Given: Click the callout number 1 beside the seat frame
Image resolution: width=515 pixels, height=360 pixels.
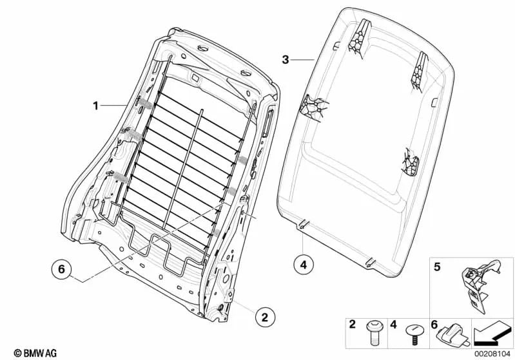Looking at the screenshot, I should [95, 106].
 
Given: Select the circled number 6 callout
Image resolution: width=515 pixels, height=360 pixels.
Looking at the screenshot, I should [61, 270].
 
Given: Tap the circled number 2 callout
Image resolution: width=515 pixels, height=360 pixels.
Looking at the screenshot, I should [263, 316].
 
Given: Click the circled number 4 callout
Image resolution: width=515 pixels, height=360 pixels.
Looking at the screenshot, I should [304, 263].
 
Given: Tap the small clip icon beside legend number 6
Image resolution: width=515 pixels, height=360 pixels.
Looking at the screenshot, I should [451, 333].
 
